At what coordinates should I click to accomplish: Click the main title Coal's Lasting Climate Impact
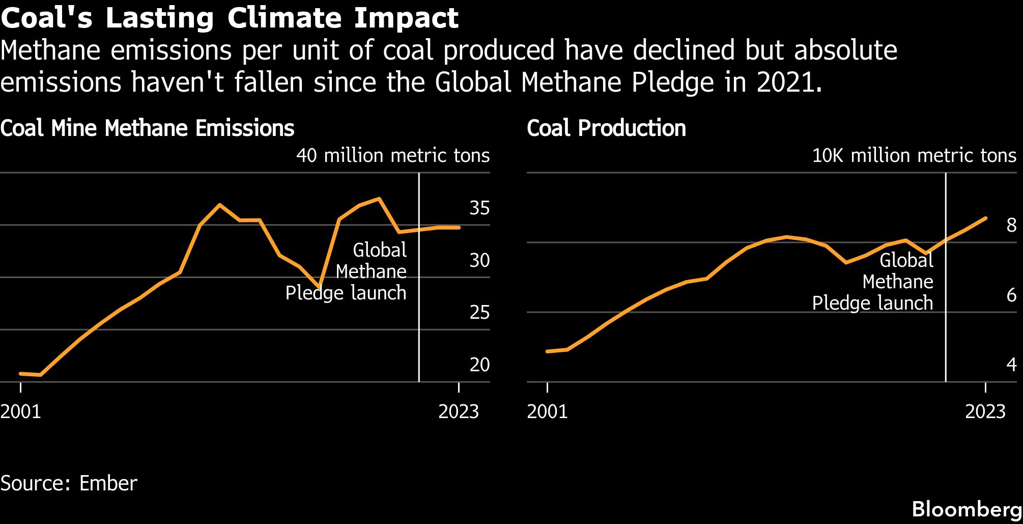click(x=230, y=18)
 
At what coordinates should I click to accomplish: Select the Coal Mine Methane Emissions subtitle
click(x=147, y=128)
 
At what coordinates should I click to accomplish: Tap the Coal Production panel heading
click(x=606, y=128)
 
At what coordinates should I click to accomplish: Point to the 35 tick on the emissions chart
click(x=479, y=208)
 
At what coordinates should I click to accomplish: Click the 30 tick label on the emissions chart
click(x=479, y=260)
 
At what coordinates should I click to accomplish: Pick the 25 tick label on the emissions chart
click(x=479, y=312)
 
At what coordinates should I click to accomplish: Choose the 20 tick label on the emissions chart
click(x=479, y=365)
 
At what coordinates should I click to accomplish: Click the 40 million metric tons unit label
click(x=393, y=155)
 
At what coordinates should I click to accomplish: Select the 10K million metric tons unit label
click(x=914, y=155)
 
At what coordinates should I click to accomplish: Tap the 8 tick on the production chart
click(x=1011, y=225)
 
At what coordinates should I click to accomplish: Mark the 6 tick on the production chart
click(x=1011, y=295)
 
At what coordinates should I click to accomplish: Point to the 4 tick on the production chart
click(x=1011, y=365)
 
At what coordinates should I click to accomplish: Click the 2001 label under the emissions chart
click(x=21, y=411)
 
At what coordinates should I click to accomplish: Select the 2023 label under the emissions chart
click(x=458, y=411)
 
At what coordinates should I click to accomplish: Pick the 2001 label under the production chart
click(x=547, y=411)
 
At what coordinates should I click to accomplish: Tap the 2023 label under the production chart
click(x=985, y=411)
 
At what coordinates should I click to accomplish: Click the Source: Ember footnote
click(x=69, y=483)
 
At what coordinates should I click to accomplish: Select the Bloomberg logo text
click(x=967, y=509)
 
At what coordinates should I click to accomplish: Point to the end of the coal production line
click(x=986, y=218)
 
